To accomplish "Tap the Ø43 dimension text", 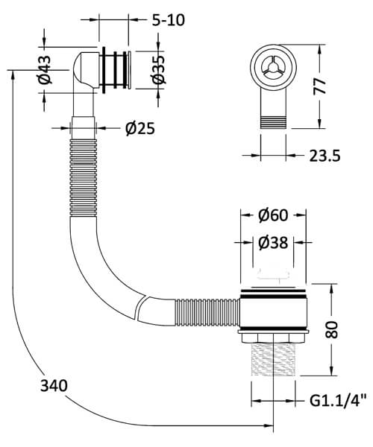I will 46,69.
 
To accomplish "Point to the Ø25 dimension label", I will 140,128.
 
